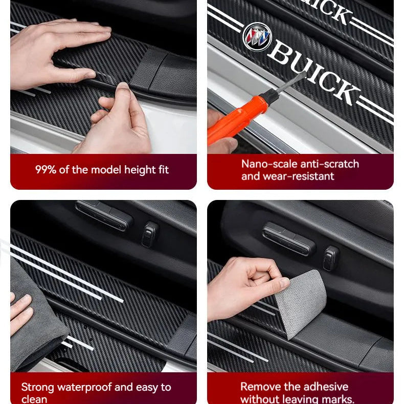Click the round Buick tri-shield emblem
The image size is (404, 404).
tap(257, 36)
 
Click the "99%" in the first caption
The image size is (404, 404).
tap(46, 170)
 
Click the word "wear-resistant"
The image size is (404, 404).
tap(302, 176)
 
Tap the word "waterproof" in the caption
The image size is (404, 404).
tap(84, 387)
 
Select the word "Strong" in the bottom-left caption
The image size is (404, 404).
tap(37, 387)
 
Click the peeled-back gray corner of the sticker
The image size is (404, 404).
tap(304, 302)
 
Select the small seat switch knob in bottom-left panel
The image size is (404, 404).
tap(150, 234)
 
